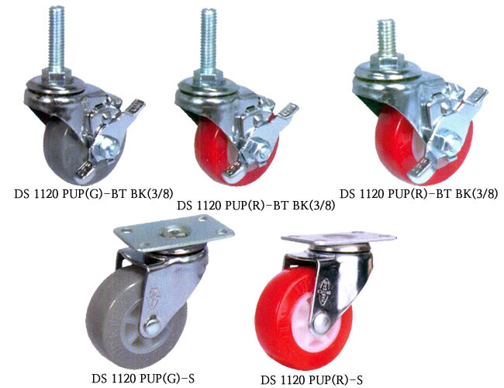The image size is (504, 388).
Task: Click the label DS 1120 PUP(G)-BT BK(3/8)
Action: (94, 194)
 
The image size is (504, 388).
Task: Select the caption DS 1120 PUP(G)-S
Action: (143, 378)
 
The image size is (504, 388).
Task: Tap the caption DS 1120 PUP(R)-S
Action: (312, 380)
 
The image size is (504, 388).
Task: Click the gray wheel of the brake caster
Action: (64, 151)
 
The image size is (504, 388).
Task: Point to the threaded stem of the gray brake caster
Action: (57, 39)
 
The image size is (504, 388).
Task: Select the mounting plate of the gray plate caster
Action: (174, 233)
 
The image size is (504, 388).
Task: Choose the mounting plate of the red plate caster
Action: (339, 239)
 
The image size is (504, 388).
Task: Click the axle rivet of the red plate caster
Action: (322, 322)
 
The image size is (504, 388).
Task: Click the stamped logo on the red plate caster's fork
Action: (325, 292)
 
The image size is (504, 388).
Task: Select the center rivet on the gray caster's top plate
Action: (174, 232)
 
